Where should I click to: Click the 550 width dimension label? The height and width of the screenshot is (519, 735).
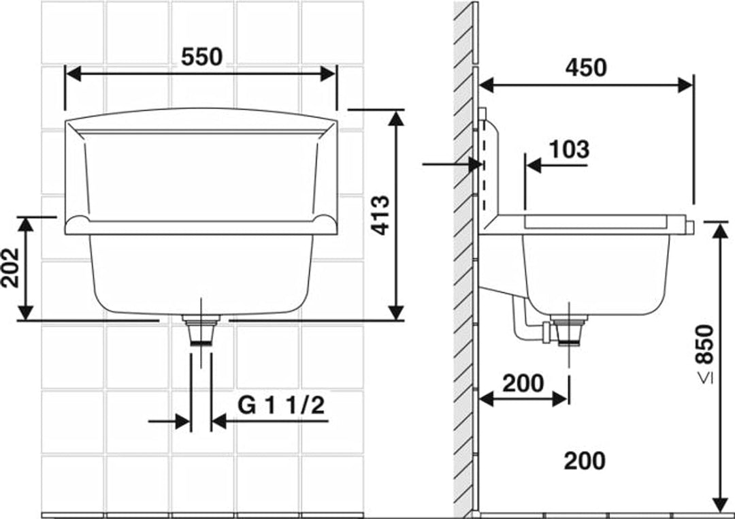(x=201, y=57)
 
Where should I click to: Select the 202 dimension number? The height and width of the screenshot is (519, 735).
(x=10, y=268)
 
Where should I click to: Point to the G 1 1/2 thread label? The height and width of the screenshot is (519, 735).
(x=281, y=405)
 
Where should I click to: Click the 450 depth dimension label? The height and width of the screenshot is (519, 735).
(x=585, y=67)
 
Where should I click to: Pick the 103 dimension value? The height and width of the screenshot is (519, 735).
(x=568, y=150)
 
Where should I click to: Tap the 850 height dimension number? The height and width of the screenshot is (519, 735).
(x=704, y=345)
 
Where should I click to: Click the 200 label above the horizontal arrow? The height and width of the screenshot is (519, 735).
(x=523, y=383)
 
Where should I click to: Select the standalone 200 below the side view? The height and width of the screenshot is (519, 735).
(x=585, y=460)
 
